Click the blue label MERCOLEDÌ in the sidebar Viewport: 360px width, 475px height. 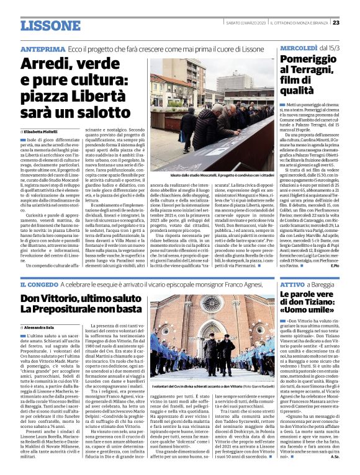[300, 48]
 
